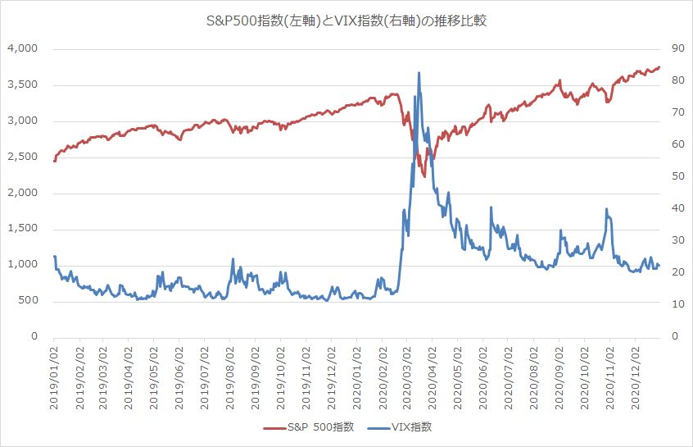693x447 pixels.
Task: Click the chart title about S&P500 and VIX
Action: point(346,20)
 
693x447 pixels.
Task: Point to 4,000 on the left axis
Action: point(24,49)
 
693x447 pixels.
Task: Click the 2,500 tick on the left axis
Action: point(24,157)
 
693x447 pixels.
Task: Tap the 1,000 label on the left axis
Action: point(24,265)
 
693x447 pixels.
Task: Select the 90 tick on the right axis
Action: point(677,49)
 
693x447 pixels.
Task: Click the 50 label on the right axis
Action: point(677,176)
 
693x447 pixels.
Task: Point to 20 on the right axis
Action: point(677,272)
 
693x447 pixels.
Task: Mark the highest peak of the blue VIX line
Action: point(419,72)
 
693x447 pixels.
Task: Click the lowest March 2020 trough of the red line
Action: point(424,176)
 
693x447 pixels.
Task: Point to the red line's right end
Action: point(659,67)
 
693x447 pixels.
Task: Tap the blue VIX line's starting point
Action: point(54,257)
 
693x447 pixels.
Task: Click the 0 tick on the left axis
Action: point(34,336)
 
